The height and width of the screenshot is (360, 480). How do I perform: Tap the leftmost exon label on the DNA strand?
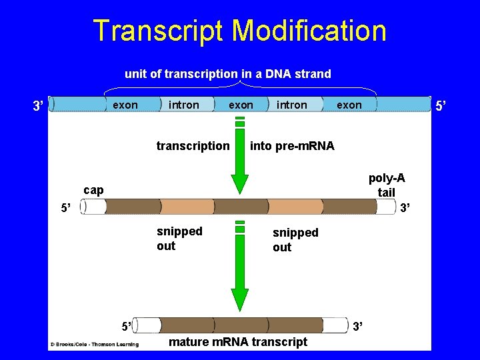[x=125, y=105]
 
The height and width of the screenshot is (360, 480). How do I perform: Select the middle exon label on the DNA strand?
[x=241, y=105]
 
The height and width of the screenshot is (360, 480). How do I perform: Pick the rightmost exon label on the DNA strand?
[x=349, y=105]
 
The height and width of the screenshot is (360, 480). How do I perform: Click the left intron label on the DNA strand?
[x=184, y=105]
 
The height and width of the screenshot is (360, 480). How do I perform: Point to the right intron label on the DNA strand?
[x=292, y=105]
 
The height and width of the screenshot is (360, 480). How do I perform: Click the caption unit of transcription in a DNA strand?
[x=227, y=74]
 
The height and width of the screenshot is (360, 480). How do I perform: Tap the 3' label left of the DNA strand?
[x=39, y=105]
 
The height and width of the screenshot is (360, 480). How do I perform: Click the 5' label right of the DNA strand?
[x=441, y=105]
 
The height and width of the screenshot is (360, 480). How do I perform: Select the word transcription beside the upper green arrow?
[x=193, y=145]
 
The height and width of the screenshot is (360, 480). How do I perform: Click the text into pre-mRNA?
[x=292, y=145]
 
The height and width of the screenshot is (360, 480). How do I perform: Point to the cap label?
[x=93, y=190]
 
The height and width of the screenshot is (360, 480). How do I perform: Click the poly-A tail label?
[x=387, y=185]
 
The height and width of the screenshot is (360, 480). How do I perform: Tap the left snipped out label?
[x=179, y=238]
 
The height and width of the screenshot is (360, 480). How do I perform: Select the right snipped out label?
[x=295, y=239]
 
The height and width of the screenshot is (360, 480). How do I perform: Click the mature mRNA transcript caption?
[x=238, y=342]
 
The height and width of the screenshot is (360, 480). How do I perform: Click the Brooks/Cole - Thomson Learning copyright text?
[x=94, y=345]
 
